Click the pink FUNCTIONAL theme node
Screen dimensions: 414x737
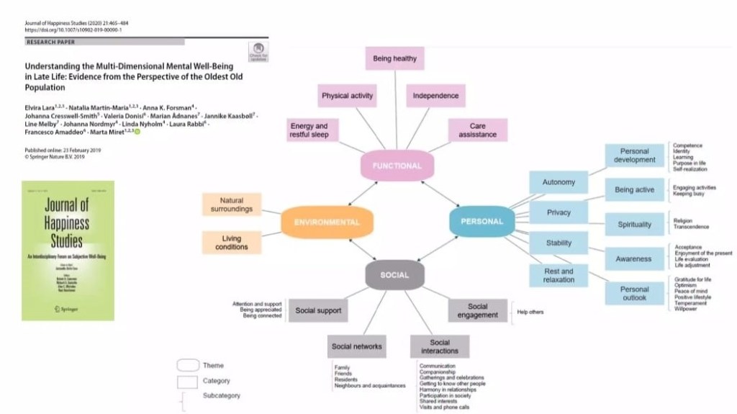(x=397, y=166)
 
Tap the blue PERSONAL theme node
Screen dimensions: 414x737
(x=481, y=221)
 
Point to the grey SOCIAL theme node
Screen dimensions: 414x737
(x=394, y=274)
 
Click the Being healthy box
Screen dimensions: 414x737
(x=394, y=59)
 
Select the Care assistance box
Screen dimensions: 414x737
(x=477, y=130)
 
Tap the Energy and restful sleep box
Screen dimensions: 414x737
(x=309, y=130)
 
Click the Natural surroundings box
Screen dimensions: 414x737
(x=232, y=204)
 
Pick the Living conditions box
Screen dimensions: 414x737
(x=232, y=243)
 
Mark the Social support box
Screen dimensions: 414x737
(x=318, y=311)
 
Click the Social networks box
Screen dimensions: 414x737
(x=356, y=346)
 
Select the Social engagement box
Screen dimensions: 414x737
(x=477, y=311)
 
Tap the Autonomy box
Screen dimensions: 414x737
(x=559, y=183)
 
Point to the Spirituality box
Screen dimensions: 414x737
(x=634, y=225)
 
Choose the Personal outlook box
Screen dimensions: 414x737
(x=634, y=294)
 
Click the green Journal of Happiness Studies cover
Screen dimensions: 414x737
(x=68, y=250)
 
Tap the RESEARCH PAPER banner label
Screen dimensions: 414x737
(x=51, y=42)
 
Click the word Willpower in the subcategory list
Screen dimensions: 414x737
(x=684, y=309)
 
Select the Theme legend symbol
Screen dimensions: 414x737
(x=187, y=365)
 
